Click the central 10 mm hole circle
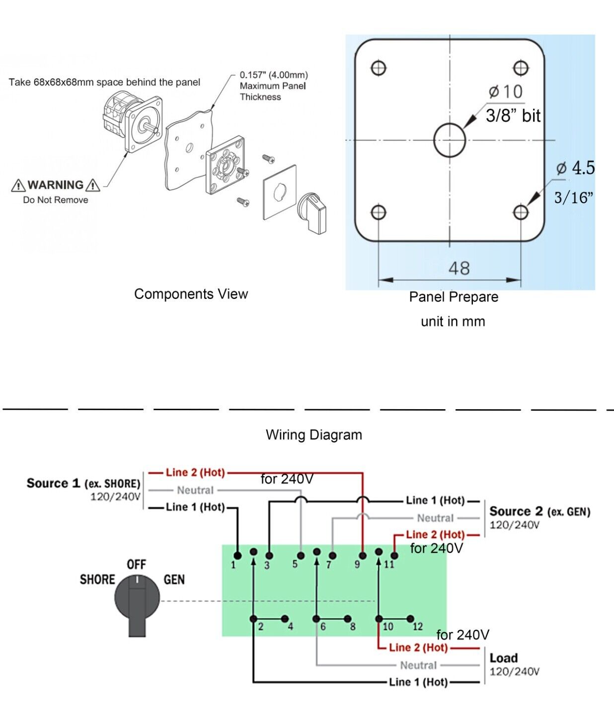(x=450, y=140)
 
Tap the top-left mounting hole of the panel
(x=379, y=68)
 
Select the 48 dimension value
(x=459, y=269)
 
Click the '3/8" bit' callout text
(x=513, y=116)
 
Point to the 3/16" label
(x=573, y=198)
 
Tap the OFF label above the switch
(x=136, y=565)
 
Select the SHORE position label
(x=97, y=580)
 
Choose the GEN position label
(x=174, y=580)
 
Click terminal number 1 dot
(x=237, y=555)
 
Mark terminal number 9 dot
(x=363, y=556)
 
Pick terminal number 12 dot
(x=410, y=619)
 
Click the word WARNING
(x=56, y=185)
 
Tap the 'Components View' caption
(x=191, y=294)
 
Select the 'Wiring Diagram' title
(x=314, y=435)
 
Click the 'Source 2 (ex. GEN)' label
(x=539, y=511)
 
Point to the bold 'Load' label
(x=504, y=658)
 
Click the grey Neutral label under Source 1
(x=195, y=490)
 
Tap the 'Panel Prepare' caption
(x=454, y=297)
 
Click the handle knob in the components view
(x=313, y=211)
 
